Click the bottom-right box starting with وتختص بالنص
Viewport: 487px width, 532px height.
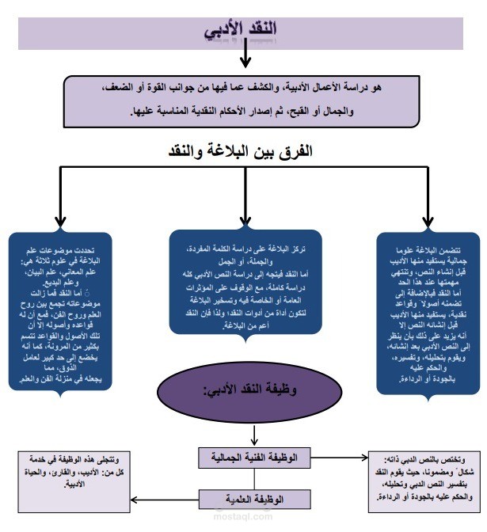click(424, 479)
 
